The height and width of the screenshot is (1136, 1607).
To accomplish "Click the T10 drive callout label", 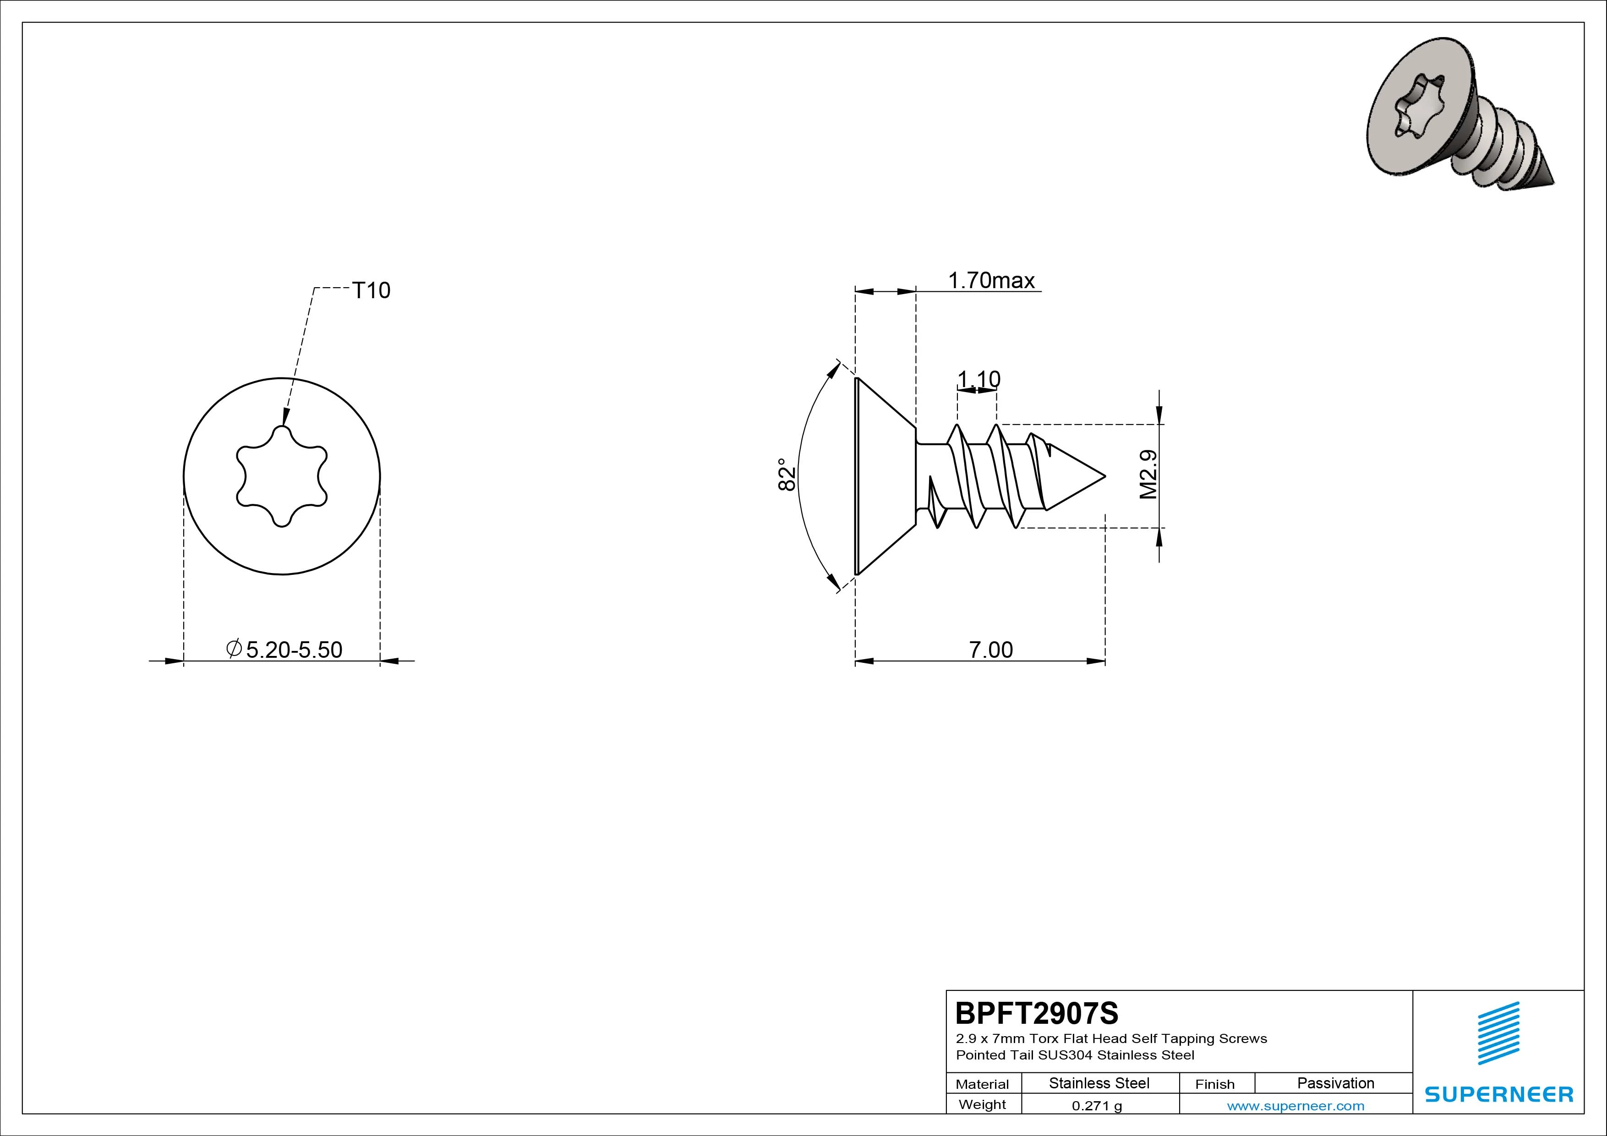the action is point(371,290).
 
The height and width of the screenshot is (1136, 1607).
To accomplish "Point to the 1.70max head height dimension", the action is point(991,281).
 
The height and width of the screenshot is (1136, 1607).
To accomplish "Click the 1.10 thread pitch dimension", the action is point(978,379).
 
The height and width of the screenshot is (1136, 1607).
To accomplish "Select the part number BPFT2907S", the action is point(1037,1013).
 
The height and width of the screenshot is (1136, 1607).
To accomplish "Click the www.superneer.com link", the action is point(1295,1106).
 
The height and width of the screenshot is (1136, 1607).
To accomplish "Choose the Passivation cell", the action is point(1335,1083).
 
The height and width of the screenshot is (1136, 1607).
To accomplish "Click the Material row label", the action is point(982,1084).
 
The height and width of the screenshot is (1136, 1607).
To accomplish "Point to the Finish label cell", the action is point(1215,1084).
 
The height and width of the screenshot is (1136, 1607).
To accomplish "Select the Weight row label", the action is point(982,1104).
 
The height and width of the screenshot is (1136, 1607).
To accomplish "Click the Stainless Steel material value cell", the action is point(1099,1083).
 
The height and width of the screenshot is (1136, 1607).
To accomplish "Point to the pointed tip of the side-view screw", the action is point(1105,477).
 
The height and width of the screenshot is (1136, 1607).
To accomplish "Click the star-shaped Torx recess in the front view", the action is point(281,476).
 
